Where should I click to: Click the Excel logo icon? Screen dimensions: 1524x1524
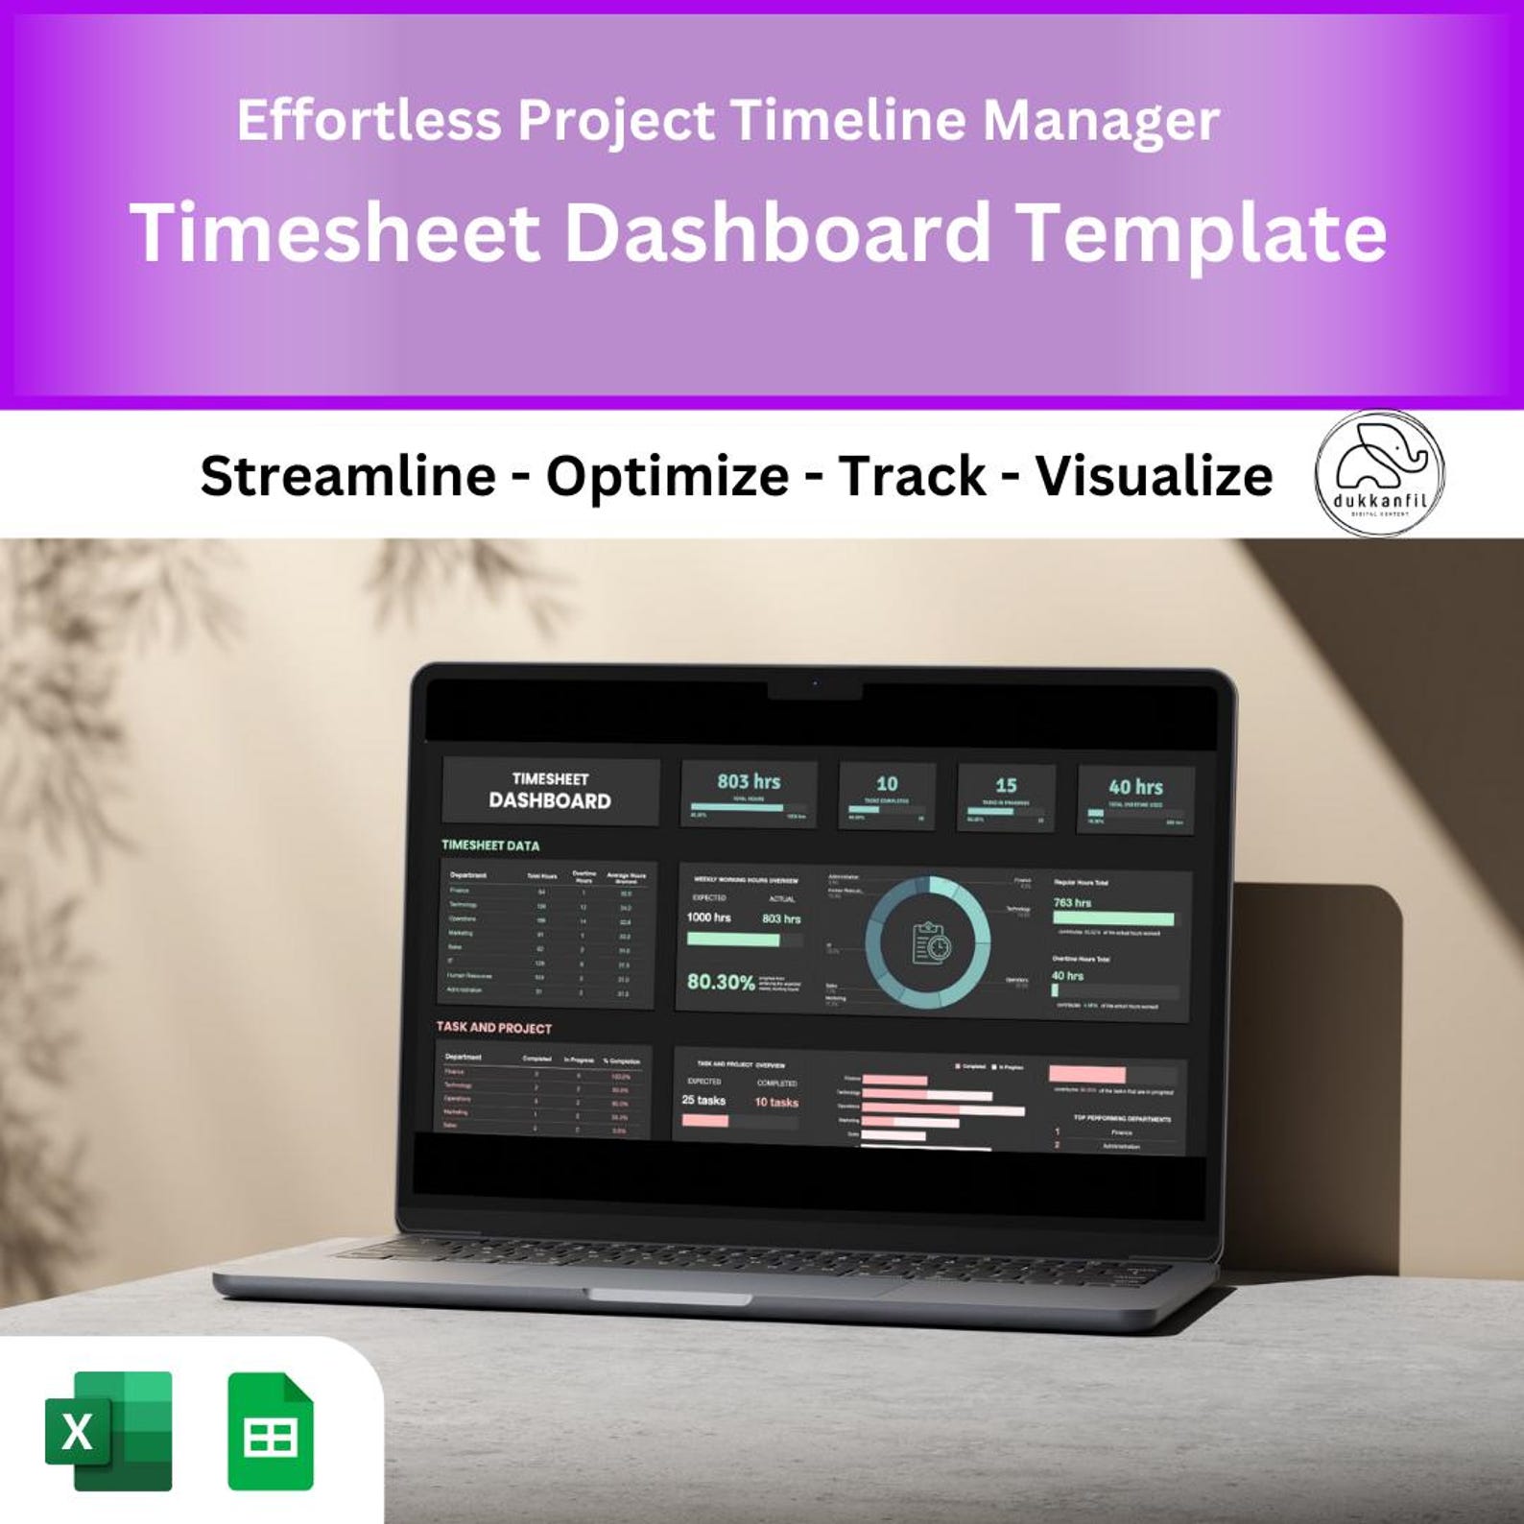[x=108, y=1431]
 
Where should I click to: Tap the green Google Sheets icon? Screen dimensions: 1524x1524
[x=271, y=1432]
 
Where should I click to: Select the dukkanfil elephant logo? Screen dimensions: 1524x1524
[x=1379, y=472]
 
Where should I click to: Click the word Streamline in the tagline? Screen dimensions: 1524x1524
[x=347, y=476]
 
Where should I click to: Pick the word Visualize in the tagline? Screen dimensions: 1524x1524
[x=1154, y=476]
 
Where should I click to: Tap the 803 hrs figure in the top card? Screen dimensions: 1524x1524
[x=749, y=782]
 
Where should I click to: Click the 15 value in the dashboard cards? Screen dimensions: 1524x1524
[x=1006, y=785]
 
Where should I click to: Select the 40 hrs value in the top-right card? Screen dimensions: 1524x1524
[x=1135, y=787]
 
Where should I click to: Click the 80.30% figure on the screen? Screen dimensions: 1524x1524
[x=720, y=982]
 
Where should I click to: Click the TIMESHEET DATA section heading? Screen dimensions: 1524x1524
[x=490, y=845]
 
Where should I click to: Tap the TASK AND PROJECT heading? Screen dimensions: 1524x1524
[x=493, y=1027]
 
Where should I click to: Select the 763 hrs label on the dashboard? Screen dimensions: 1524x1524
[x=1072, y=903]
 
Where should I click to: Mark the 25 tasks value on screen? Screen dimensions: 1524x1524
[x=703, y=1100]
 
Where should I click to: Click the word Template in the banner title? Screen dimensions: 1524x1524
[x=1201, y=233]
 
